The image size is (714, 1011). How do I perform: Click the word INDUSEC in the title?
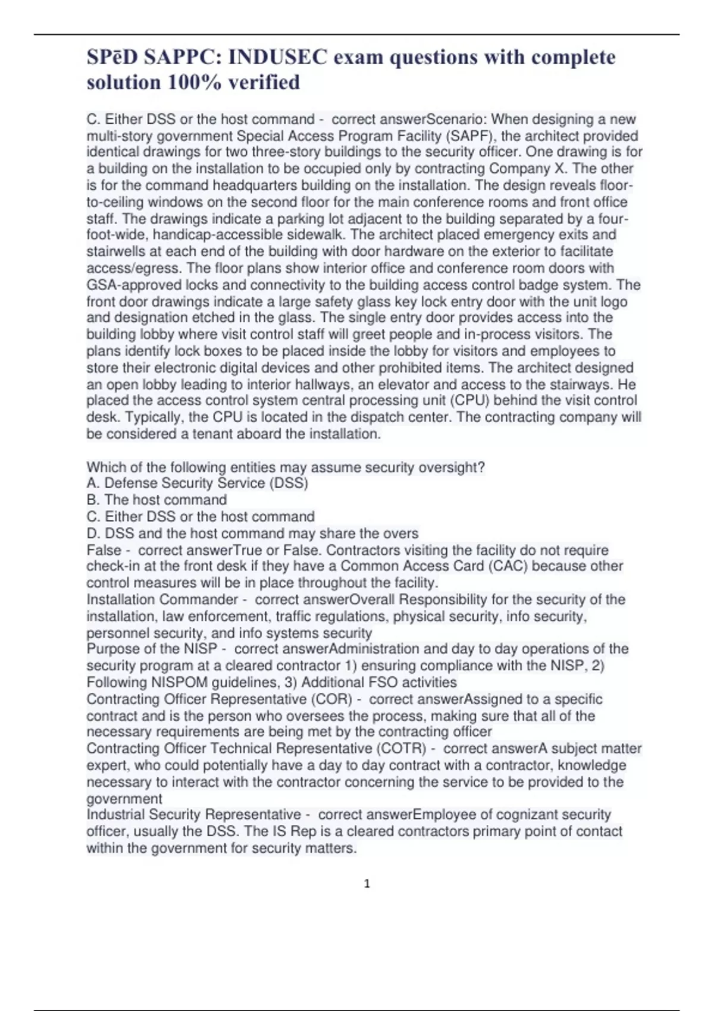[277, 57]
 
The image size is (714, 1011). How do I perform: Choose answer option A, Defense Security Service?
[197, 483]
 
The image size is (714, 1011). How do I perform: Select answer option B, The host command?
[156, 500]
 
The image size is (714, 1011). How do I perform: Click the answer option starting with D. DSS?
[252, 533]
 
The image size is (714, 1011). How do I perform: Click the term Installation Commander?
[162, 599]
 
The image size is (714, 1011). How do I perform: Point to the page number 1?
[367, 884]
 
